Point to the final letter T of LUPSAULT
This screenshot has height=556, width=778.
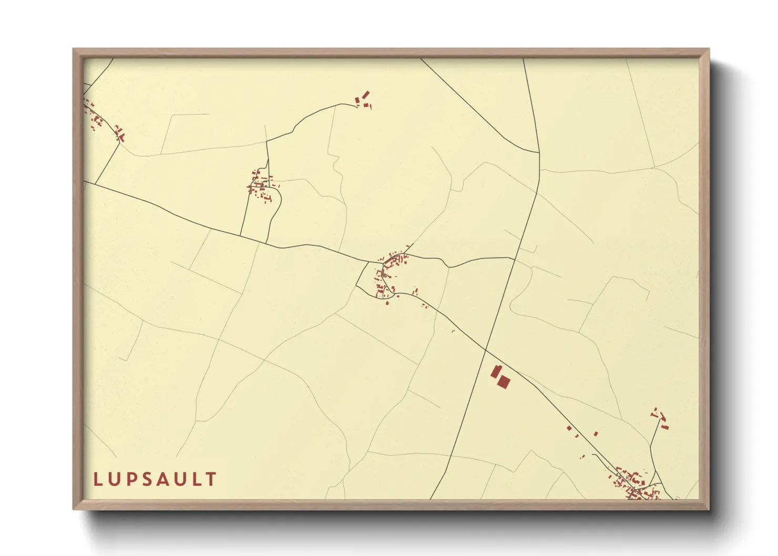click(211, 479)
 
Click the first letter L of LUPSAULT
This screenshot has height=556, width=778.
click(97, 479)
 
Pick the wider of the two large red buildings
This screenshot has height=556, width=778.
click(504, 382)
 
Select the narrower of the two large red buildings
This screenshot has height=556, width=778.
click(495, 372)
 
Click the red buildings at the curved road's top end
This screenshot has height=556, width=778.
click(363, 99)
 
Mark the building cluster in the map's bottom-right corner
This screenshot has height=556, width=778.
click(634, 483)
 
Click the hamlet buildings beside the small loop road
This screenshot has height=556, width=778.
click(260, 187)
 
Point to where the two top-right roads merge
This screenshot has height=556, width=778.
click(539, 153)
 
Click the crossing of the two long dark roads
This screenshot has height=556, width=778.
click(486, 350)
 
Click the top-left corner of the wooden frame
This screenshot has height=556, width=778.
click(74, 49)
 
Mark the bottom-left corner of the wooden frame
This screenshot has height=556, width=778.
click(74, 509)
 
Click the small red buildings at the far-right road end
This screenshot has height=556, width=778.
click(660, 418)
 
